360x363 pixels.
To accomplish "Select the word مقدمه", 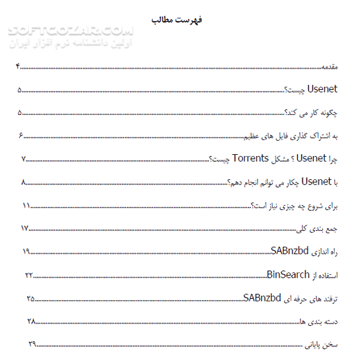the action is coord(329,66).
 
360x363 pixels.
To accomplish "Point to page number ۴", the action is coord(19,66).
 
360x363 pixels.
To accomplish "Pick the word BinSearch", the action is coord(287,275).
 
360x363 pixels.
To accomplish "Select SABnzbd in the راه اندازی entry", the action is coord(291,251).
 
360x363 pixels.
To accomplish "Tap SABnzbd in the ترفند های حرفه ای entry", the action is coord(263,297).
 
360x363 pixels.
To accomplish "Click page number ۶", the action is coord(21,136).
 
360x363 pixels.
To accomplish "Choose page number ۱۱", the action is coord(26,205).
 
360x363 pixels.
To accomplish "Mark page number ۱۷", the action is coord(25,228).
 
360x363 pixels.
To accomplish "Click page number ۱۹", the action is coord(26,251).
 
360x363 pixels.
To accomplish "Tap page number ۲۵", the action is coord(30,298).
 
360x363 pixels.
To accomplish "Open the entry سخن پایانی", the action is coord(321,345).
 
